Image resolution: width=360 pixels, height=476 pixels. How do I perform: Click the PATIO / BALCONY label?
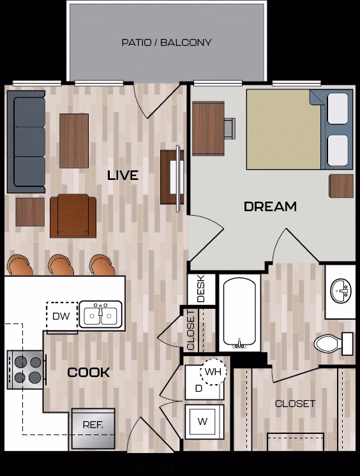pos(167,43)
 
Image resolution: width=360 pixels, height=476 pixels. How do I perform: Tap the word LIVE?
pos(123,175)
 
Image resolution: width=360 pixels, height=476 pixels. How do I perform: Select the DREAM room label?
pos(270,206)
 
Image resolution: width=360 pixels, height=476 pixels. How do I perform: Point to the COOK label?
pos(89,372)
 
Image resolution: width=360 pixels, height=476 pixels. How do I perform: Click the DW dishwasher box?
pos(61,316)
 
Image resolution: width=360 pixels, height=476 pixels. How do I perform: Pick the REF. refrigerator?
pos(93,428)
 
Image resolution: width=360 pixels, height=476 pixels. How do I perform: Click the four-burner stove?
pos(26,369)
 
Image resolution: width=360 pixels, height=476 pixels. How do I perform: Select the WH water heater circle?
pos(213,371)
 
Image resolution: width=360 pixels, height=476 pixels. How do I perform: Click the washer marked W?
pos(204,422)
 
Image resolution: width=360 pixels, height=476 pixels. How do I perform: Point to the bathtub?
pos(239,313)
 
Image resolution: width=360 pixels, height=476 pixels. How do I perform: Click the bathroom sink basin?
pos(340,292)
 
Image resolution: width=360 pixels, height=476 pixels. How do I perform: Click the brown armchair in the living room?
pos(73,215)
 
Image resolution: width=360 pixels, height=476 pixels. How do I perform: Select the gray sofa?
pos(26,142)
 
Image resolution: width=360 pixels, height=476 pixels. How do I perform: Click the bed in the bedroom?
pos(299,129)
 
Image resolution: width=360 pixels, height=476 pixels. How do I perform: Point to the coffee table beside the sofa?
pos(74,140)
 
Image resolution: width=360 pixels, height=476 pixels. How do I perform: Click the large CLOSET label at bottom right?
pos(295,403)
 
